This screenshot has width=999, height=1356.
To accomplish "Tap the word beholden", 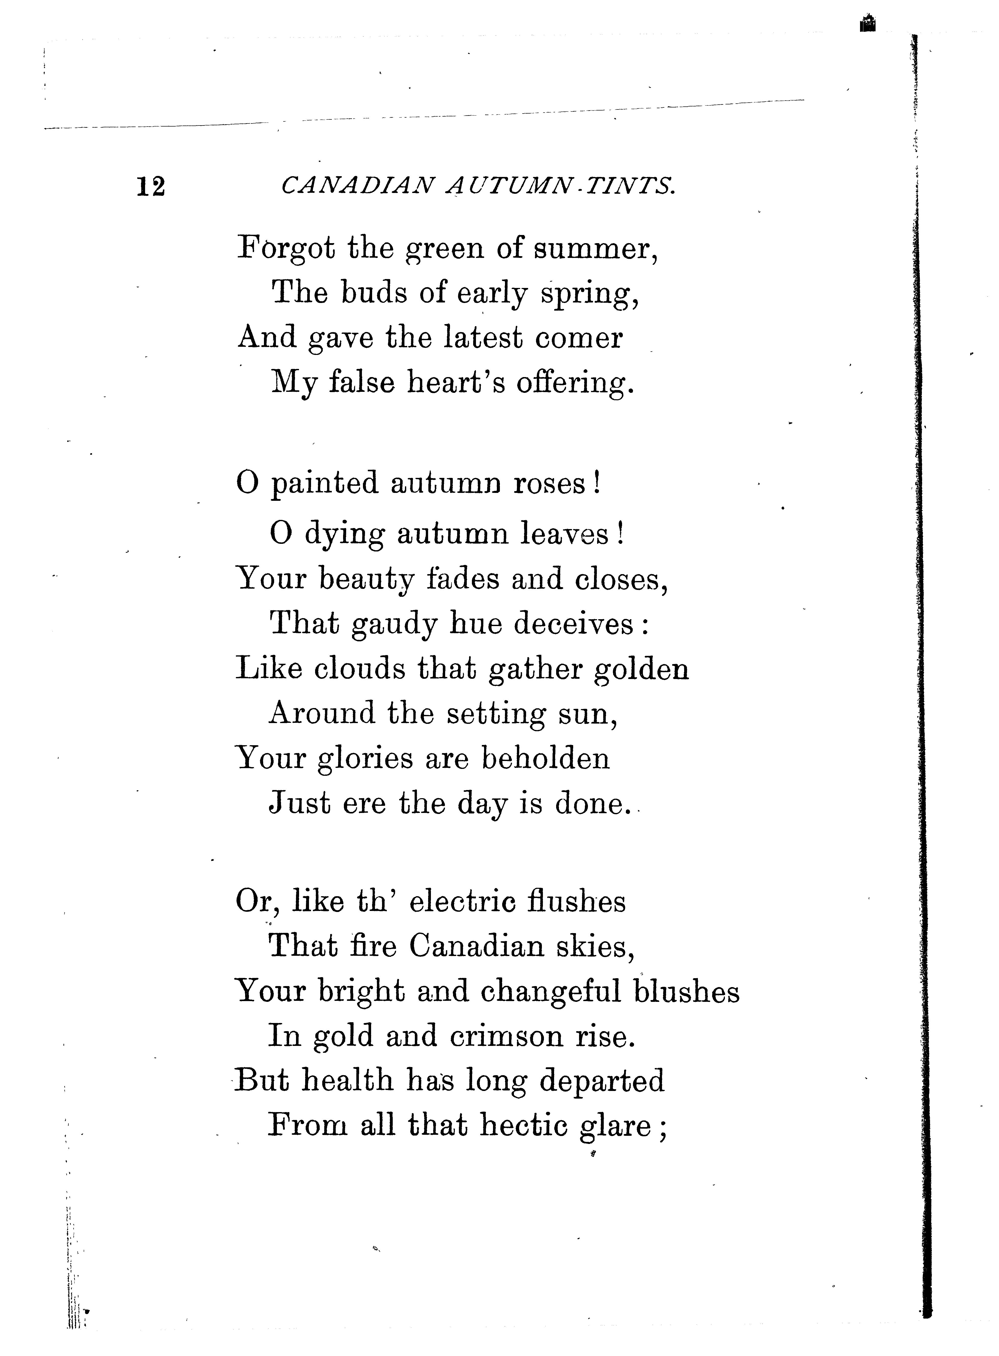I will pos(545,758).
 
